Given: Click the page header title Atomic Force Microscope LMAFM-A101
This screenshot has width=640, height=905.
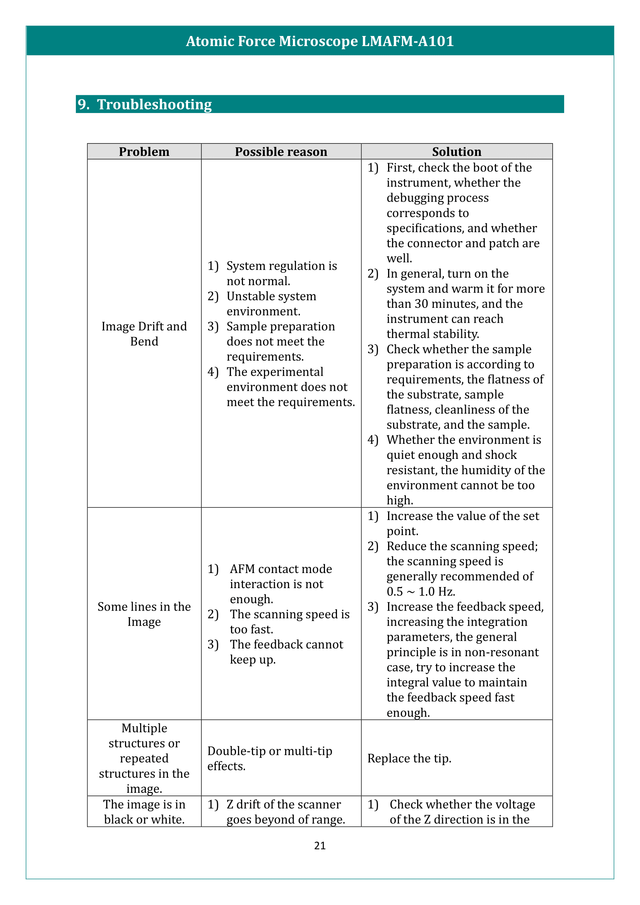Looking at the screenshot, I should (x=320, y=41).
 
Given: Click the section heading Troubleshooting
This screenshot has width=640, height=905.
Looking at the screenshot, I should (x=154, y=104).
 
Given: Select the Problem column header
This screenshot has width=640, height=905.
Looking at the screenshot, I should (x=144, y=152).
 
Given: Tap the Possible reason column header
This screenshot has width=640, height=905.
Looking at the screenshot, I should (x=281, y=152).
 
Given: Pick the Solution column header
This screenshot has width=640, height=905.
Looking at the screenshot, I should (x=456, y=152).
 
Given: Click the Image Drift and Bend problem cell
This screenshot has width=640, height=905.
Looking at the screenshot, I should (x=144, y=334).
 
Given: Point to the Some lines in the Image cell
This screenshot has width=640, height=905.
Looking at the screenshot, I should (x=144, y=614).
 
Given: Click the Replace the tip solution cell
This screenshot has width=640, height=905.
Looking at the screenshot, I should (x=409, y=758).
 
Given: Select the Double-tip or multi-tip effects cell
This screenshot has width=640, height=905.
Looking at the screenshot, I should (x=270, y=758).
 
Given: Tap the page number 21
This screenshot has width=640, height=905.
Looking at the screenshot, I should (x=320, y=845).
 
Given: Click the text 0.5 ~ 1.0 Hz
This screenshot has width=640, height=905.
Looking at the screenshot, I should (x=421, y=592).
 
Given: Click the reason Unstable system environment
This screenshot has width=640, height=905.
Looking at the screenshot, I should (x=271, y=304).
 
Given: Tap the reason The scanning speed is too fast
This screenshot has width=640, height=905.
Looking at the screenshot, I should (x=290, y=622).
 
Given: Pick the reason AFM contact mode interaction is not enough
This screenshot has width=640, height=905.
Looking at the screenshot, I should (x=281, y=584).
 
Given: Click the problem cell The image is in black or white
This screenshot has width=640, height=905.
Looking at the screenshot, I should (x=144, y=812).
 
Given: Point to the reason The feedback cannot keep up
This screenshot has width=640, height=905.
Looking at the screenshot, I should (x=286, y=652).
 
